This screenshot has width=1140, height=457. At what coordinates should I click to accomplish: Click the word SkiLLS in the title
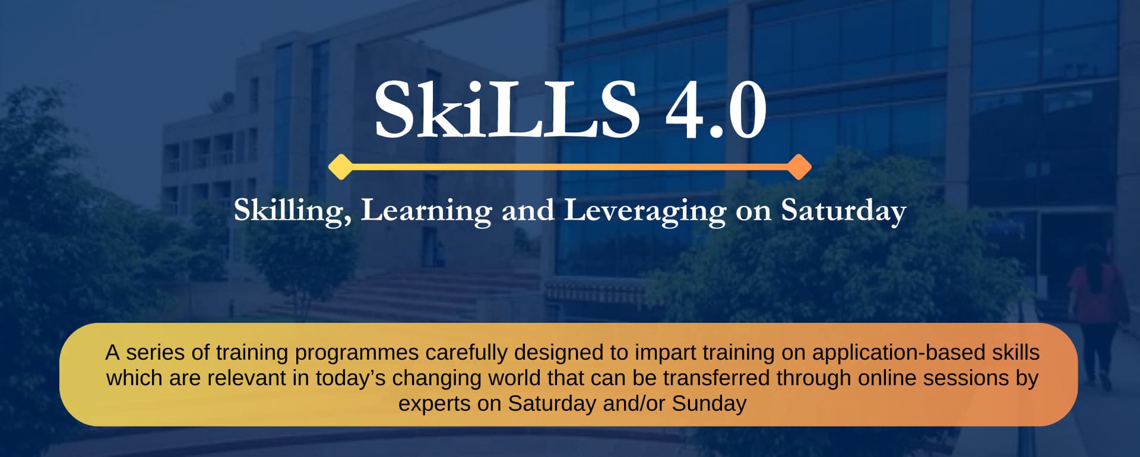507,110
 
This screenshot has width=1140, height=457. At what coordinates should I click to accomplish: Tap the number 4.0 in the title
716,110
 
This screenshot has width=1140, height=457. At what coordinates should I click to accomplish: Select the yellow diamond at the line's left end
341,167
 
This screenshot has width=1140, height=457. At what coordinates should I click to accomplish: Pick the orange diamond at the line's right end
799,167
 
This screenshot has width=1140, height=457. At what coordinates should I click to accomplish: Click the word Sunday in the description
709,404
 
